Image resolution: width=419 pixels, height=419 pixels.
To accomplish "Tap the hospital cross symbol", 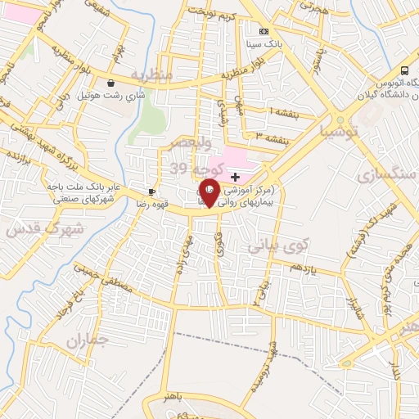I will tap(236, 177).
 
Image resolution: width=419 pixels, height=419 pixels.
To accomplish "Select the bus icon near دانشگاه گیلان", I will tap(404, 70).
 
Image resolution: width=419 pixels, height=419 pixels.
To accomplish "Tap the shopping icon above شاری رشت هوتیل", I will tap(110, 83).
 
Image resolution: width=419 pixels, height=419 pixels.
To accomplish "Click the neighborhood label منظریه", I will tap(152, 75).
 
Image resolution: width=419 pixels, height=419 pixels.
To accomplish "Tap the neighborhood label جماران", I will tap(86, 339).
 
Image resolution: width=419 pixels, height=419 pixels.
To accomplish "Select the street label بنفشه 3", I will tap(269, 137).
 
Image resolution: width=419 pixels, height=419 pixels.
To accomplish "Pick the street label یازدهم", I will tap(304, 268).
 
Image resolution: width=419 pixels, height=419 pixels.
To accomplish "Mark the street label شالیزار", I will tap(352, 308).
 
